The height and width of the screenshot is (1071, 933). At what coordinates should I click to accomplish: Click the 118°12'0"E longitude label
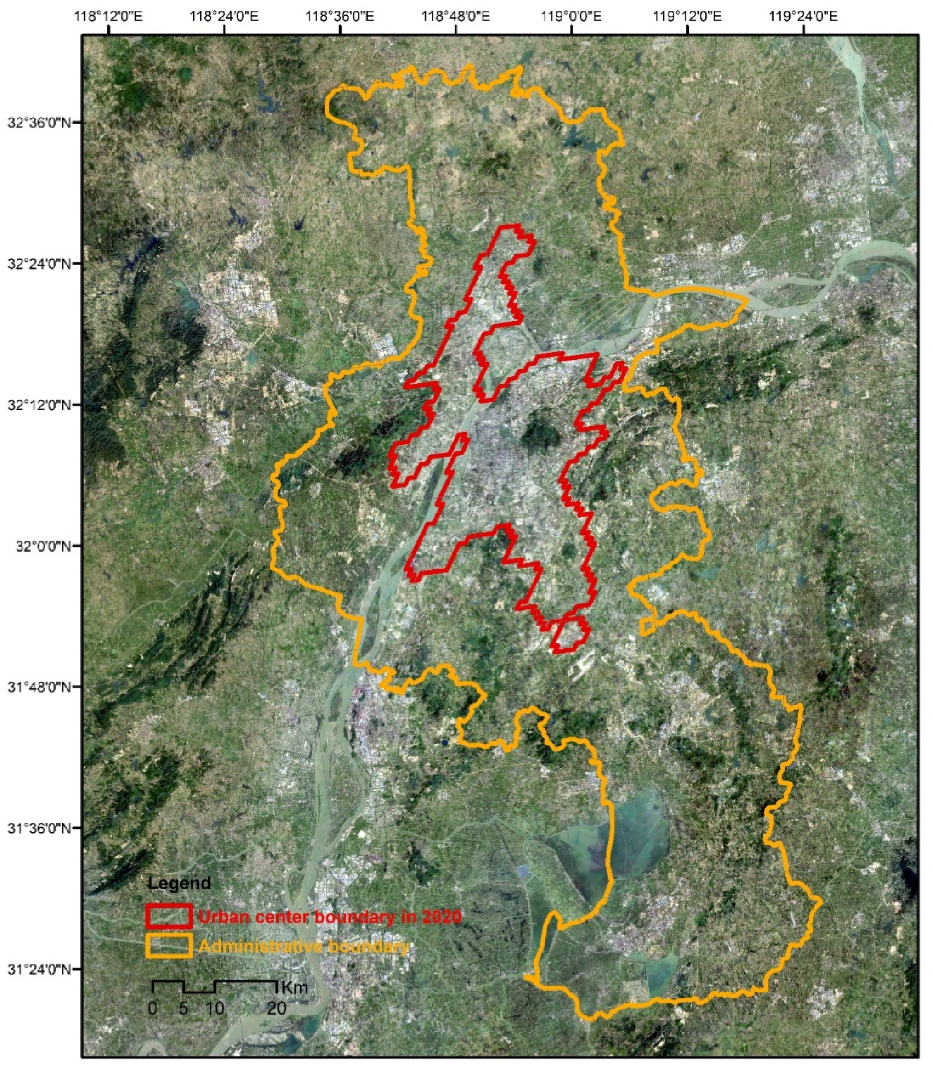pos(109,17)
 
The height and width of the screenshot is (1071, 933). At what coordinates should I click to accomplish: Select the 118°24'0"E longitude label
pos(225,17)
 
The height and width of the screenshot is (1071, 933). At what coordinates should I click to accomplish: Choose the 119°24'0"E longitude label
pos(804,17)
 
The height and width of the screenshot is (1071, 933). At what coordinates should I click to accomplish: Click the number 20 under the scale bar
pos(276,1009)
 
